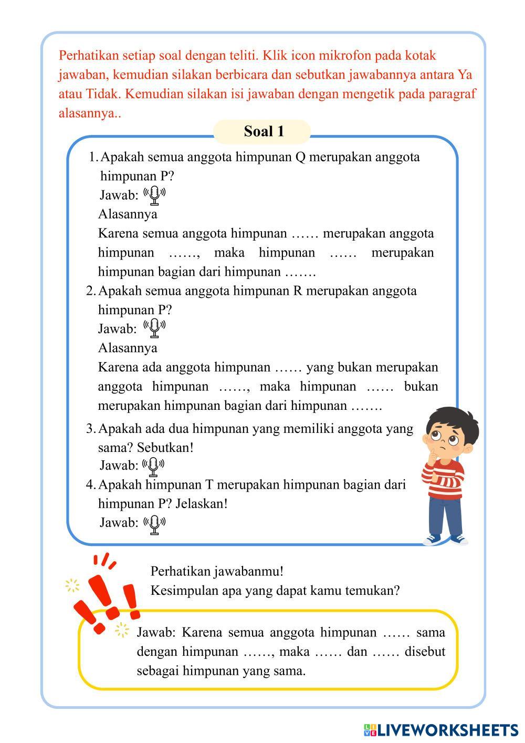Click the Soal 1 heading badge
coord(262,131)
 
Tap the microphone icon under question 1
coord(154,195)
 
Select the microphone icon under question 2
coord(154,328)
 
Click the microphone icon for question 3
coord(154,465)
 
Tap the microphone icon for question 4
coord(154,523)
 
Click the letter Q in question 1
coord(300,157)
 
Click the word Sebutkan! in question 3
coord(165,448)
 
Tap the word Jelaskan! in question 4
coord(202,503)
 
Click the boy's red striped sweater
coord(446,476)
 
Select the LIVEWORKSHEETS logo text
coord(446,729)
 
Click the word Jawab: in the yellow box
coord(157,632)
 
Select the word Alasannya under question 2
coord(128,348)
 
